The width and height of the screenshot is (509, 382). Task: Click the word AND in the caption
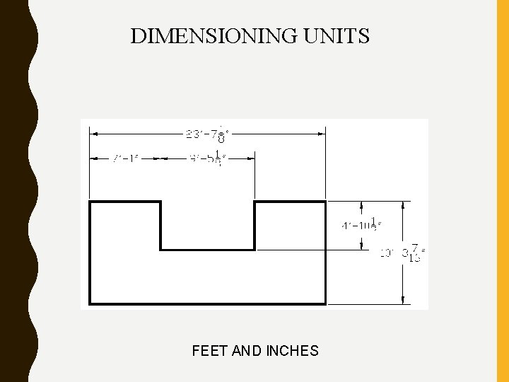click(x=247, y=350)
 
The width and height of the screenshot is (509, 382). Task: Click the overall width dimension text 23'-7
click(x=207, y=132)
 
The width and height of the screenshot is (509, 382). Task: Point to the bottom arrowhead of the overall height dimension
click(x=404, y=301)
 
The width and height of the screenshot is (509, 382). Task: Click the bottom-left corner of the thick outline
click(x=89, y=303)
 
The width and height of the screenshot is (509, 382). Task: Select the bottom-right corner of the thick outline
click(x=325, y=303)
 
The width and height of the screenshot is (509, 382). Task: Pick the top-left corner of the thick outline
click(x=89, y=202)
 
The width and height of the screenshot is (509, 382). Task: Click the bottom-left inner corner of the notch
click(x=161, y=249)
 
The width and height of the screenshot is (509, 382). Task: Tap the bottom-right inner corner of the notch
click(x=255, y=249)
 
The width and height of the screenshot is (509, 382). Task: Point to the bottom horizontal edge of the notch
click(x=208, y=249)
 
